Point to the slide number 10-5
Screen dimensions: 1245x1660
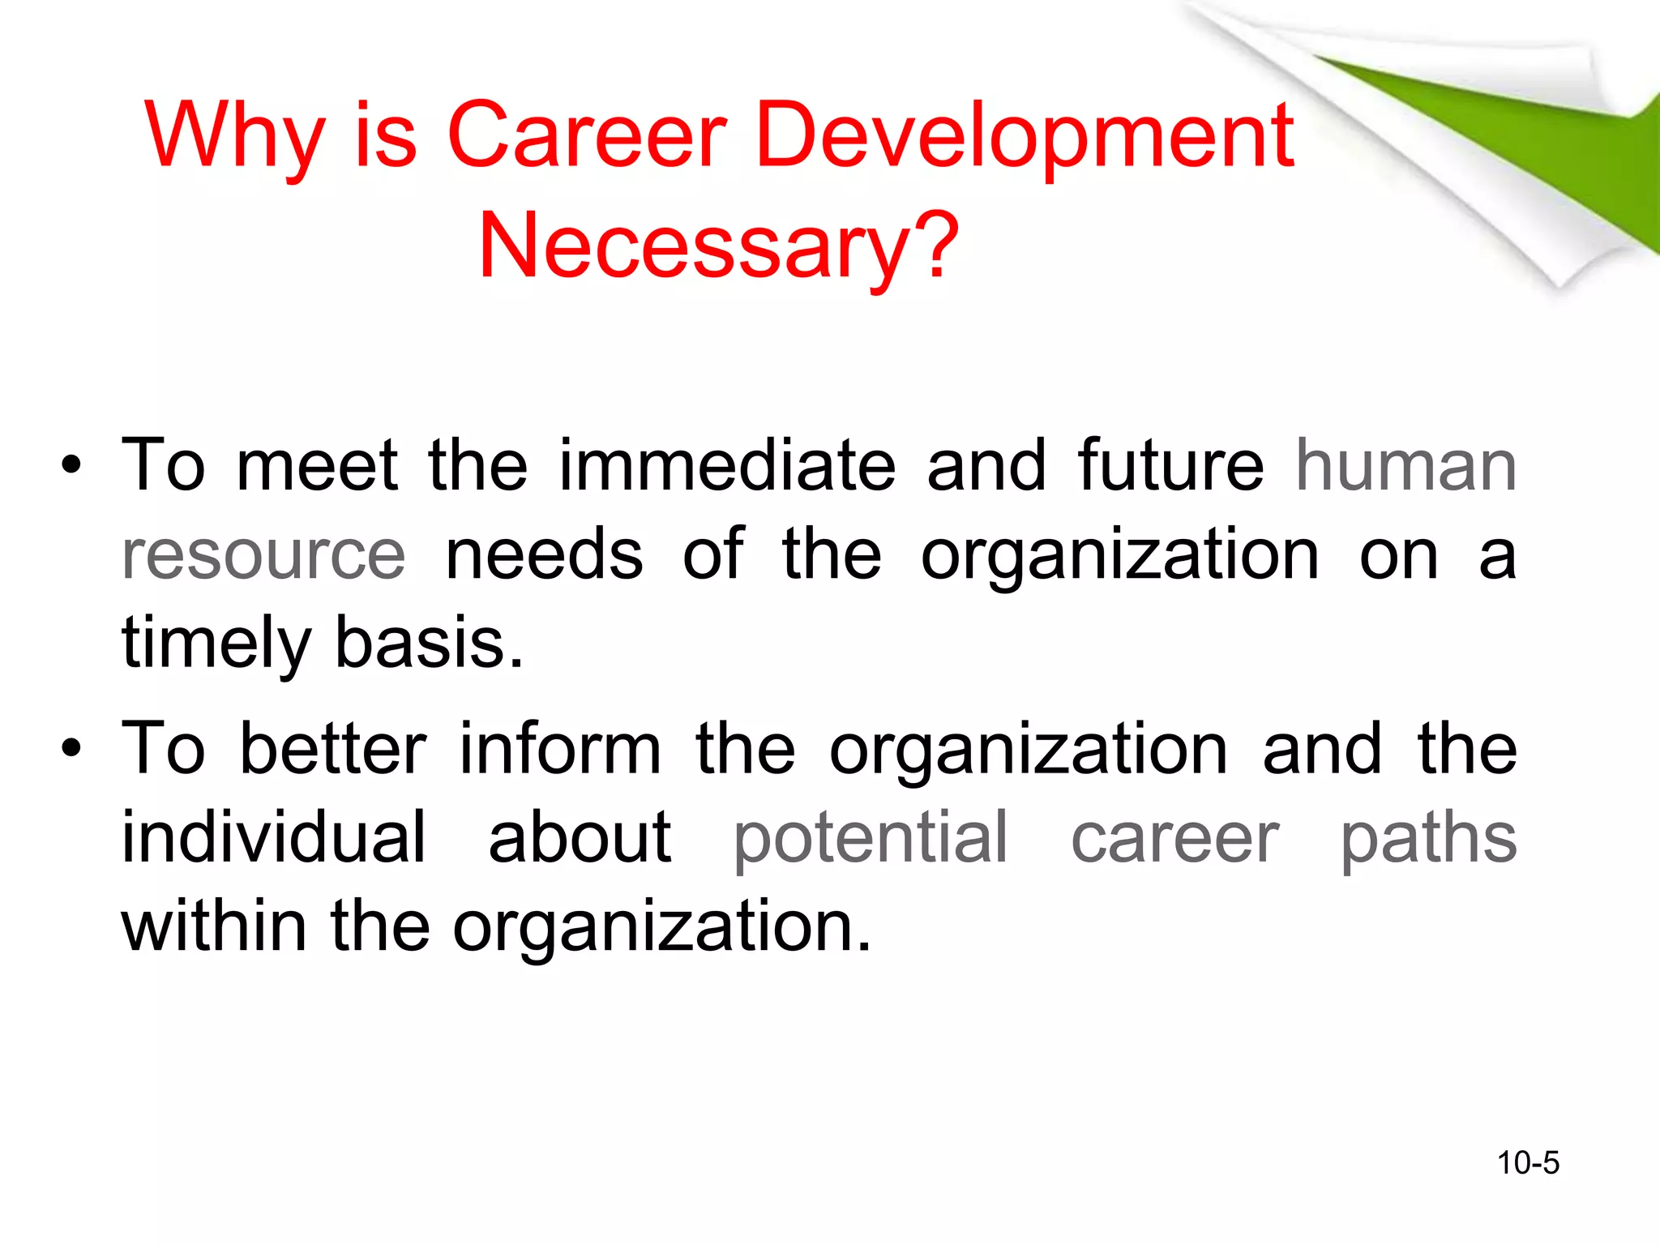[x=1528, y=1163]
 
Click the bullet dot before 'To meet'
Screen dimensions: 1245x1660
[x=71, y=466]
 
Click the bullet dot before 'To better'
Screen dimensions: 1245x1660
[x=71, y=748]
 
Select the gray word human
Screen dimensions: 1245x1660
[x=1405, y=466]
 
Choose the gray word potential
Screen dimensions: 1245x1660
[x=871, y=837]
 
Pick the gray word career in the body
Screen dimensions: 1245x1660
[x=1174, y=837]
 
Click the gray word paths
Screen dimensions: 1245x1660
[x=1428, y=837]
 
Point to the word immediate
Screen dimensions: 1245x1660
[x=727, y=466]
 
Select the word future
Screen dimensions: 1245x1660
[x=1170, y=466]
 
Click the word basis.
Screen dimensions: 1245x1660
[x=429, y=643]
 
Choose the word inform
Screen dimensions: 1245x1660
[x=560, y=748]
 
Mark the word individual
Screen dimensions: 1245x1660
[x=274, y=837]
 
